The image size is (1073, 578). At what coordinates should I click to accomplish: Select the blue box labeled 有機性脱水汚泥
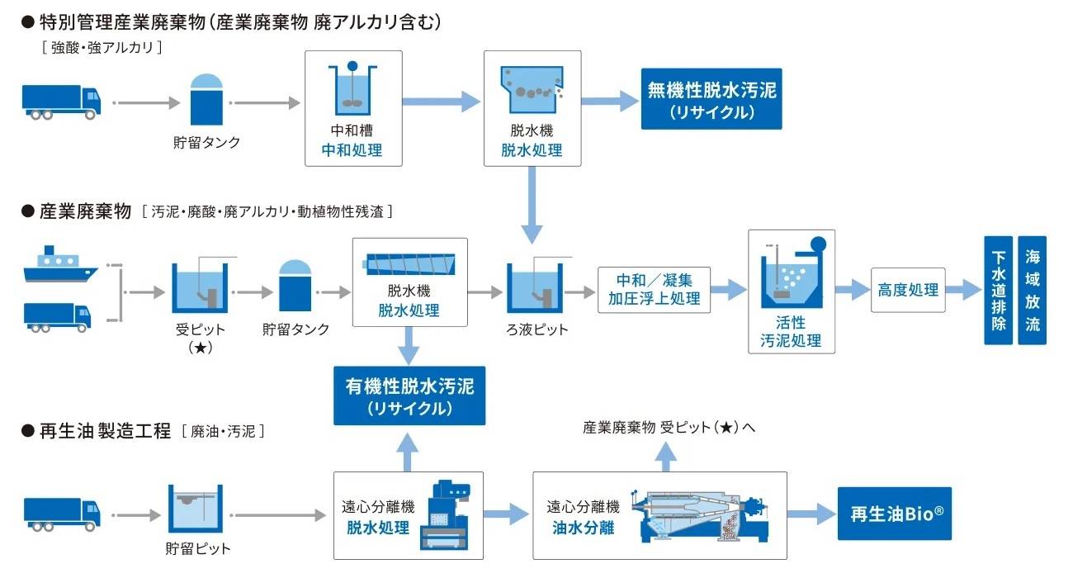pyautogui.click(x=409, y=397)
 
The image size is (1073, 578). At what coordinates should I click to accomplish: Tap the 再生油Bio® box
pyautogui.click(x=895, y=513)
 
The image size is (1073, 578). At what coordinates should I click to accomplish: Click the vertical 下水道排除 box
pyautogui.click(x=999, y=290)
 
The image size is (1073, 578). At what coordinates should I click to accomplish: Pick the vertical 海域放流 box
pyautogui.click(x=1032, y=290)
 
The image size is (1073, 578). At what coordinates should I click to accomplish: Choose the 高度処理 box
pyautogui.click(x=907, y=290)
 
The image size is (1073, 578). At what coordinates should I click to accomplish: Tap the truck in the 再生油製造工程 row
pyautogui.click(x=62, y=514)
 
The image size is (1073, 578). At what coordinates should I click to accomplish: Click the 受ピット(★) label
pyautogui.click(x=201, y=338)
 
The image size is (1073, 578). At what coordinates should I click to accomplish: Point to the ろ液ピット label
pyautogui.click(x=537, y=329)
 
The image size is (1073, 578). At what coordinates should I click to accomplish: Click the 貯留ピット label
pyautogui.click(x=198, y=548)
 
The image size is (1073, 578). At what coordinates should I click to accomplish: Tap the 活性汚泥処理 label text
pyautogui.click(x=791, y=331)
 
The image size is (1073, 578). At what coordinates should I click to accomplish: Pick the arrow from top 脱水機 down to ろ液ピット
pyautogui.click(x=532, y=202)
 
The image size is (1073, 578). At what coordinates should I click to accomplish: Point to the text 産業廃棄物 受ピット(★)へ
pyautogui.click(x=669, y=428)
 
